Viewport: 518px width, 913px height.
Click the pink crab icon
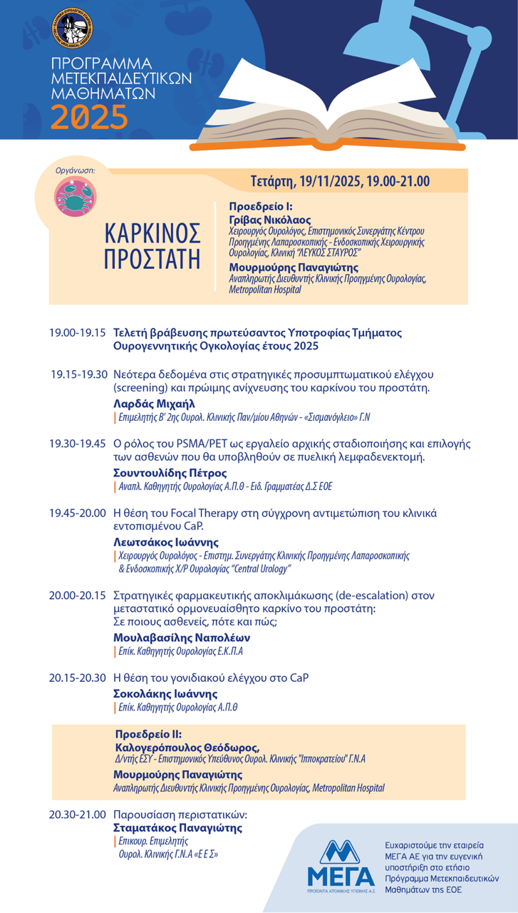click(76, 198)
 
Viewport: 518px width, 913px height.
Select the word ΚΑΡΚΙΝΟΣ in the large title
click(152, 234)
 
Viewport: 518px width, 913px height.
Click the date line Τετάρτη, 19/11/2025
click(340, 181)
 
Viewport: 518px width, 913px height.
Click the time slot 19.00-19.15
click(77, 333)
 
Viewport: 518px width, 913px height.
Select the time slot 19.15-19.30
click(78, 374)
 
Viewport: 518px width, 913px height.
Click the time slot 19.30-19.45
click(77, 444)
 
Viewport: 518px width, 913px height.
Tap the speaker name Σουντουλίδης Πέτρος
click(170, 473)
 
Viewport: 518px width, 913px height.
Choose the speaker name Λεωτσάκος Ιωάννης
click(166, 541)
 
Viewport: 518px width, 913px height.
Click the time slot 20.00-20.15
click(77, 595)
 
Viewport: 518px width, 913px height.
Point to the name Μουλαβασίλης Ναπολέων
click(182, 637)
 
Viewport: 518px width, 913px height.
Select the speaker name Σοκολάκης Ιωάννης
click(165, 693)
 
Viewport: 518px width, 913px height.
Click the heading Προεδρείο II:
click(148, 733)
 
